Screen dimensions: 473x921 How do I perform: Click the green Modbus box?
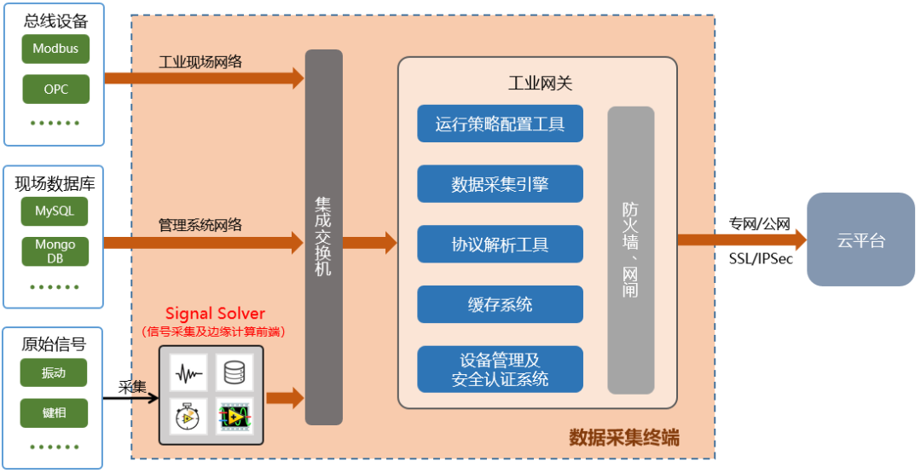pos(55,49)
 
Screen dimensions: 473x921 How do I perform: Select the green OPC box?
pos(55,89)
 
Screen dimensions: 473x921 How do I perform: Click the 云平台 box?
pos(860,239)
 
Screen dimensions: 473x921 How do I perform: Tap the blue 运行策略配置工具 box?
pos(500,124)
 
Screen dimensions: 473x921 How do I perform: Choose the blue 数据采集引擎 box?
pos(500,184)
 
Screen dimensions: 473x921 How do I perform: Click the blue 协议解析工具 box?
pos(500,245)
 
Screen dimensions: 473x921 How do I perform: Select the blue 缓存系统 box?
pos(500,304)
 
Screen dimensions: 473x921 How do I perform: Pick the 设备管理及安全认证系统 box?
pos(500,370)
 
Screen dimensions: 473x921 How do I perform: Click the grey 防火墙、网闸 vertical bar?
pos(630,250)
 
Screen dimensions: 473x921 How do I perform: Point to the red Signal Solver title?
pos(215,314)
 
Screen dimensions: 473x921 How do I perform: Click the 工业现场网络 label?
pos(200,61)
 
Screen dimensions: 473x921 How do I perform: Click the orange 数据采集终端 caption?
pos(624,438)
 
